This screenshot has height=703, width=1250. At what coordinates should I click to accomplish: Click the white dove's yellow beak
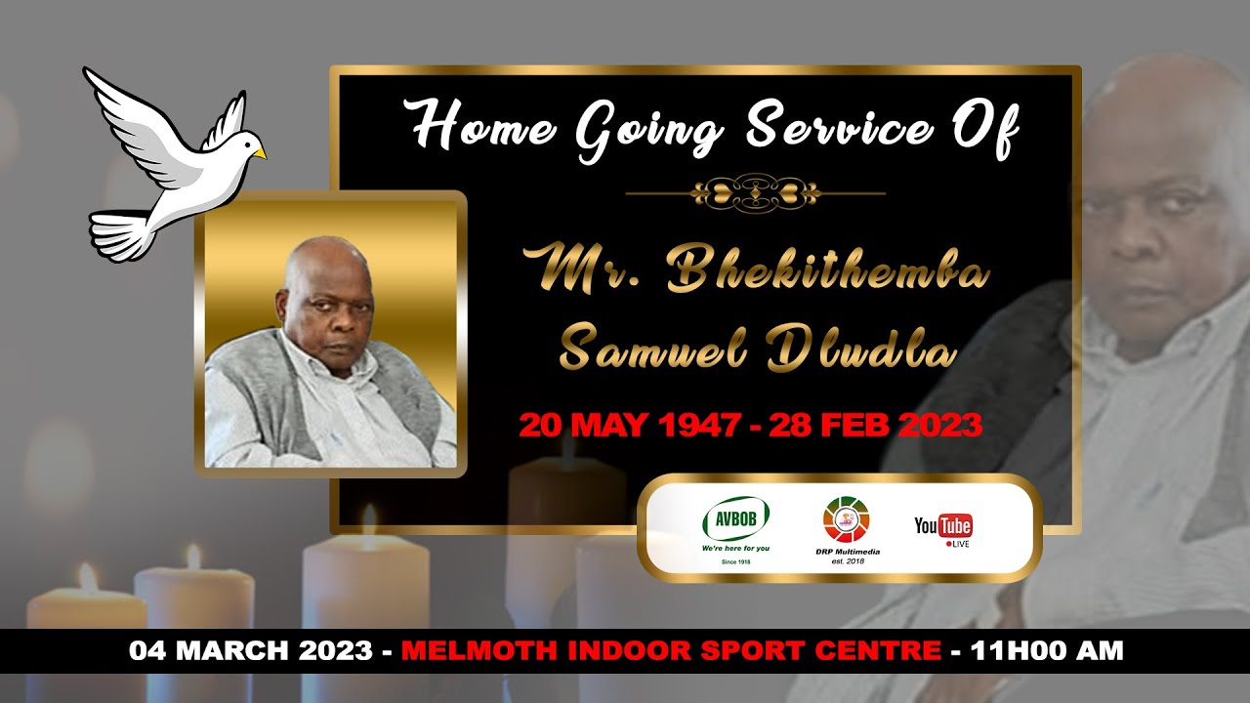[259, 153]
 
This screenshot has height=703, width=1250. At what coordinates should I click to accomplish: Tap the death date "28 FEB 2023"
[875, 426]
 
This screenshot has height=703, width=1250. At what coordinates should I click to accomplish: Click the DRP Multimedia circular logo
[846, 519]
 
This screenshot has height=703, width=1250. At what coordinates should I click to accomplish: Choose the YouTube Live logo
[943, 528]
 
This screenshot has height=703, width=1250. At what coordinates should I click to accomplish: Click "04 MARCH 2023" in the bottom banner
[251, 650]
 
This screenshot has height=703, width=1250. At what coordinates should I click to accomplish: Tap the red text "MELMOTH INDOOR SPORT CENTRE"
[671, 650]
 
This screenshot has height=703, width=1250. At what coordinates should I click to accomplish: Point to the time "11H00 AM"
[1046, 650]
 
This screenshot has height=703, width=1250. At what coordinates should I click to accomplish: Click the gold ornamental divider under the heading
[755, 192]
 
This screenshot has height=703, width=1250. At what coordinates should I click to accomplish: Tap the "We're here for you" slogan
[735, 549]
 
